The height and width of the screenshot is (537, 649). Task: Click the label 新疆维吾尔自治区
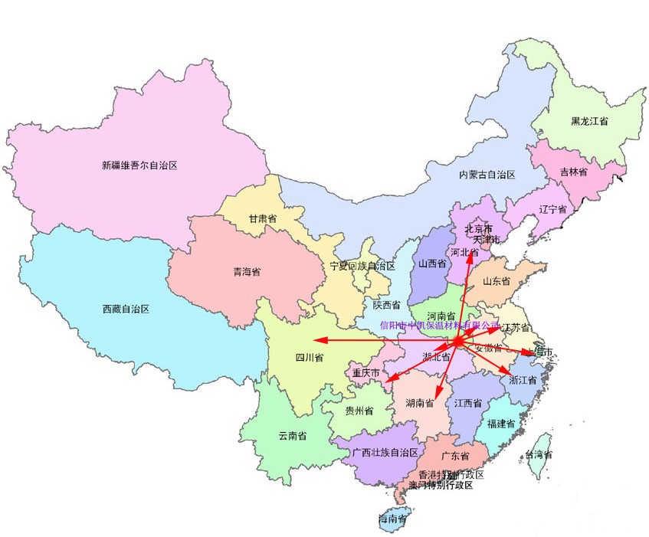click(139, 165)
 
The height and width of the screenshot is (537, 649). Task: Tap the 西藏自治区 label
click(125, 309)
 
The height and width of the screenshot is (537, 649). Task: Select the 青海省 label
click(247, 272)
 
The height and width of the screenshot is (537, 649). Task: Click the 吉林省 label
click(573, 172)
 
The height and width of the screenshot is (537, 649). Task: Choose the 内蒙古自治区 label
click(487, 175)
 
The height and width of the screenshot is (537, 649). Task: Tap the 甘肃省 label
click(262, 219)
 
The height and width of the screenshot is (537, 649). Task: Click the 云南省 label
click(292, 436)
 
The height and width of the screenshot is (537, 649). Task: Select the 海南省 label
click(392, 519)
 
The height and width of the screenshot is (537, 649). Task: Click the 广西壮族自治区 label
click(385, 453)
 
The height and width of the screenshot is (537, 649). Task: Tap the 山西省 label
click(432, 264)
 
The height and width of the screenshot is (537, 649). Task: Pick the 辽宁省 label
click(552, 209)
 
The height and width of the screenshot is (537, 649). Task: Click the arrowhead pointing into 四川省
click(315, 340)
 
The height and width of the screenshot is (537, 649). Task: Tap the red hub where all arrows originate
click(457, 341)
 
